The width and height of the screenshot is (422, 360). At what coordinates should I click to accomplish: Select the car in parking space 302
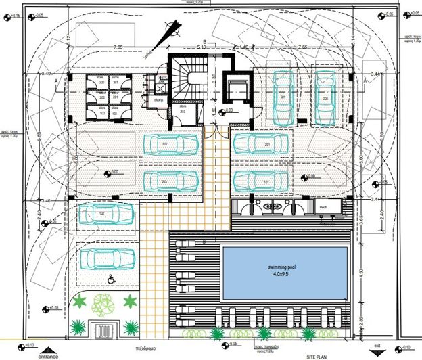(x=171, y=144)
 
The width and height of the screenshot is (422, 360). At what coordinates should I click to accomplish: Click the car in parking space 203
(x=171, y=180)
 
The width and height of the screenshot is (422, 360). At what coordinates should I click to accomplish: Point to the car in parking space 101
(x=262, y=180)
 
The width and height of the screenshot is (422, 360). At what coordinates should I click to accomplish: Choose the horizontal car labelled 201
(x=262, y=144)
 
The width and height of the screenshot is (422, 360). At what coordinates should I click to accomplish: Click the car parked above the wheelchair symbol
(x=107, y=258)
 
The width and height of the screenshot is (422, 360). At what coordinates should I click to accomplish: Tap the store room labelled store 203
(x=182, y=112)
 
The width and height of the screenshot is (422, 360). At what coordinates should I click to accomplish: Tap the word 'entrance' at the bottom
(x=48, y=355)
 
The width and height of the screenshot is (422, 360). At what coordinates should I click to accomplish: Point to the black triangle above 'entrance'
(x=49, y=346)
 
